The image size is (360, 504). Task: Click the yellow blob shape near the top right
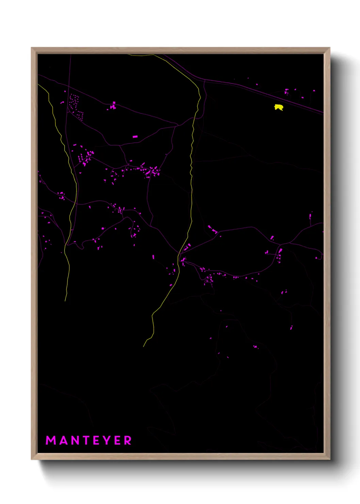[279, 108]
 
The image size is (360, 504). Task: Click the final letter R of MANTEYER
[128, 440]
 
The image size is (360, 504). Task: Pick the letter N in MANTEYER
[74, 440]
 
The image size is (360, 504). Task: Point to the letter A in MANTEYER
[63, 440]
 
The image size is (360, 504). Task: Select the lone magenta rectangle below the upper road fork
[135, 137]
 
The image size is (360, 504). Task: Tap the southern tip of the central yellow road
[144, 346]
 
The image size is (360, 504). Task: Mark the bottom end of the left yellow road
[65, 301]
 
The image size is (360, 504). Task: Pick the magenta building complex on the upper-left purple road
[113, 106]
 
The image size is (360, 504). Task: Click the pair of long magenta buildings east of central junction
[213, 230]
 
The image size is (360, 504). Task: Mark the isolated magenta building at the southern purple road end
[291, 328]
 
